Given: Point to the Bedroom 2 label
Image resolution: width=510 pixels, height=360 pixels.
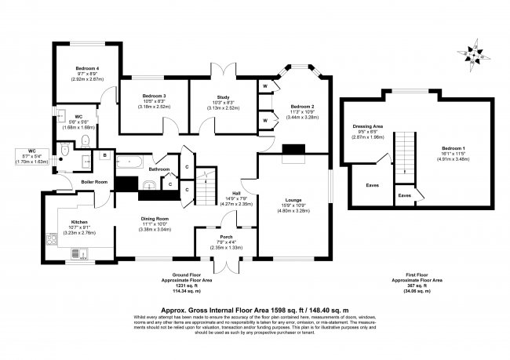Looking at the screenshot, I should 301,106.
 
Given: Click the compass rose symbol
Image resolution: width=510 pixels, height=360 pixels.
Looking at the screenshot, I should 473,52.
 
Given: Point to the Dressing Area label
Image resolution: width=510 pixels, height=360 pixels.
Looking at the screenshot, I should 367,125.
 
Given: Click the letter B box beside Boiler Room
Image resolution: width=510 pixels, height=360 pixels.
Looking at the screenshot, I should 105,156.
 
